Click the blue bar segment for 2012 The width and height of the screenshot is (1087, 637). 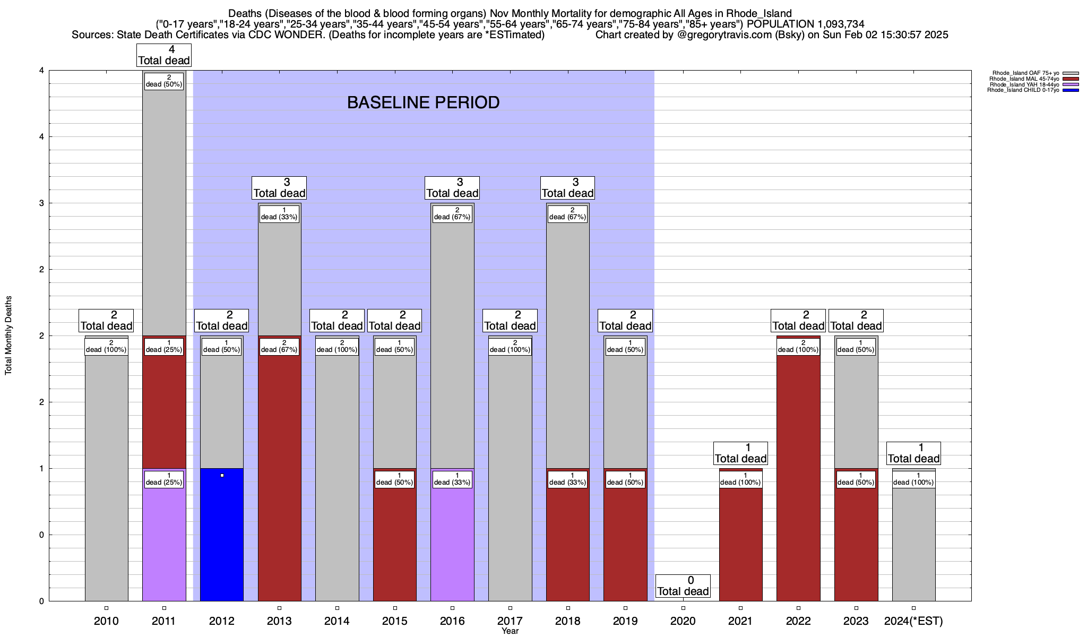[x=222, y=536]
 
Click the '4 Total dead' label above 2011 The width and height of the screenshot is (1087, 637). [x=163, y=55]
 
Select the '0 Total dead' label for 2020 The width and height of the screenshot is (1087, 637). [x=683, y=586]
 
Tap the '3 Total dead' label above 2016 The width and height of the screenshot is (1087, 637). [x=452, y=188]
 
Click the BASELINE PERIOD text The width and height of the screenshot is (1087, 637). [x=423, y=102]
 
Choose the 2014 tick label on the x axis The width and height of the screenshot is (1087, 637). [x=337, y=621]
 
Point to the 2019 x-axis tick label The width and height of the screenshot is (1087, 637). [x=625, y=621]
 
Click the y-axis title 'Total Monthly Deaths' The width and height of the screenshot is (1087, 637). [x=8, y=335]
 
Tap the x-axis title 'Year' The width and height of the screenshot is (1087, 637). [x=510, y=631]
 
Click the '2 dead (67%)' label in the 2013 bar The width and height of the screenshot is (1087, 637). [x=279, y=346]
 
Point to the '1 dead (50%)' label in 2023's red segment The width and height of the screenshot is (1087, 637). [x=856, y=479]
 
